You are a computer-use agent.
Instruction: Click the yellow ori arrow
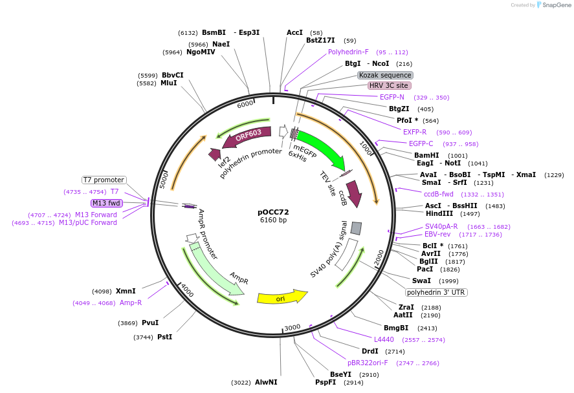tap(281, 298)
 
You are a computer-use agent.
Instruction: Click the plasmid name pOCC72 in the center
tap(273, 212)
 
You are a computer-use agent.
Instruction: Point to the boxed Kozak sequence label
tap(385, 75)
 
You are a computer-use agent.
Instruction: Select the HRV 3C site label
tap(389, 85)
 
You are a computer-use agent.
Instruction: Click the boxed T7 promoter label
tap(104, 180)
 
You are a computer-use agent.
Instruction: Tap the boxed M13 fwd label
tap(107, 203)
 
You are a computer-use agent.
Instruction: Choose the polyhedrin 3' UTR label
tap(437, 292)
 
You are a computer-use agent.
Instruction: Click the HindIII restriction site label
tap(439, 213)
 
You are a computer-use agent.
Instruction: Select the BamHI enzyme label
tap(427, 155)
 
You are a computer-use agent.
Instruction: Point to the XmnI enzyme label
tap(126, 291)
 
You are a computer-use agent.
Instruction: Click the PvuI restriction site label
tap(150, 323)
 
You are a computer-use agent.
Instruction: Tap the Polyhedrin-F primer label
tap(348, 52)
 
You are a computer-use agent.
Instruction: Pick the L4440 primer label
tap(384, 339)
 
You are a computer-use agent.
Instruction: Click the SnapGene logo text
tap(555, 5)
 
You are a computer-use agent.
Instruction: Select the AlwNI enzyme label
tap(266, 382)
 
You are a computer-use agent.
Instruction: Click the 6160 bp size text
tap(273, 220)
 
